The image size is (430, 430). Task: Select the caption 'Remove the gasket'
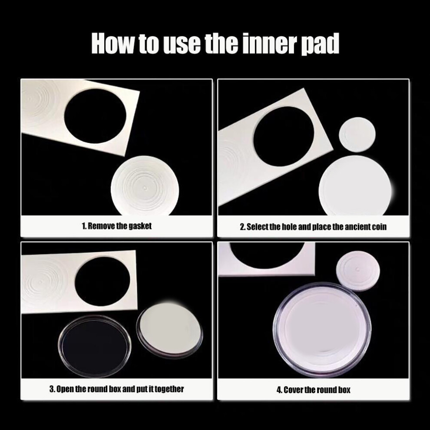coord(120,226)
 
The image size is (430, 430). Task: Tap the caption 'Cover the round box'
coord(317,390)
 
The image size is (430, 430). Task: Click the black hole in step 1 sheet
coord(96,116)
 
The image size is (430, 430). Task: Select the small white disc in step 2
coord(357,135)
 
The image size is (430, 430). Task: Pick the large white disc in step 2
coord(355,186)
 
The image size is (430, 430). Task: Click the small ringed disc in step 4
coord(358,271)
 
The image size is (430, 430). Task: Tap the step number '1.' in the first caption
coord(84,226)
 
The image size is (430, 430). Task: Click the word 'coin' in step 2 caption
coord(379,227)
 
